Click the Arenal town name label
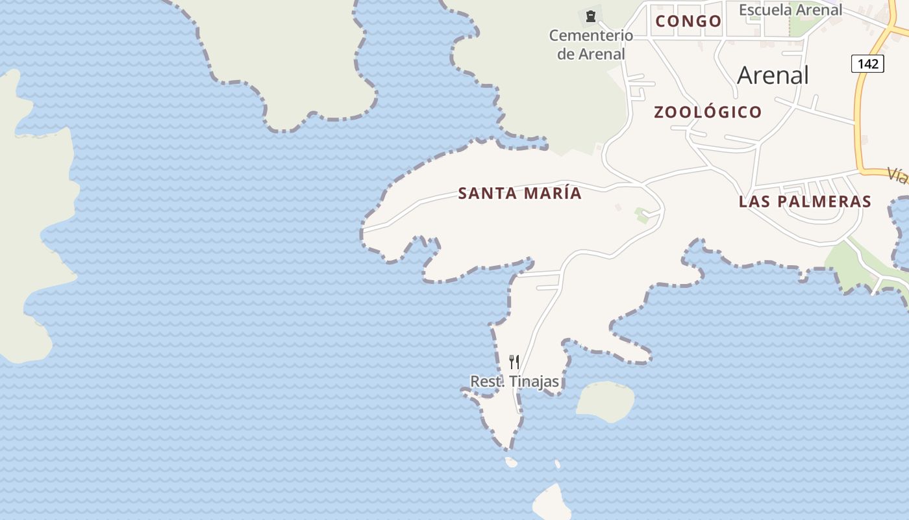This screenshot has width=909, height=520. point(773,75)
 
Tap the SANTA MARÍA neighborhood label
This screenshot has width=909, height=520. point(519,194)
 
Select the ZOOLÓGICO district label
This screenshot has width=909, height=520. point(708,112)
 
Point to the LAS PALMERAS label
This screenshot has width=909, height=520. point(804,201)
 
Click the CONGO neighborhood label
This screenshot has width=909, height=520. point(688,21)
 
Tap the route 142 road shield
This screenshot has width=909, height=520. point(867,64)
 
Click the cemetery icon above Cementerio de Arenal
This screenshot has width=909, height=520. point(591,16)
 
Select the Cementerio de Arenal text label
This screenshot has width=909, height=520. point(591,44)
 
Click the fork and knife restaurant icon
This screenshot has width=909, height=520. point(514,361)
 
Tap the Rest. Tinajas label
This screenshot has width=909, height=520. point(514,382)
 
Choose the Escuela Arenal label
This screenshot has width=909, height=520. point(790,10)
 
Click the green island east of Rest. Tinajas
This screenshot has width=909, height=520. point(605,400)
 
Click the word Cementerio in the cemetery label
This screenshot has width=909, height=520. point(591,35)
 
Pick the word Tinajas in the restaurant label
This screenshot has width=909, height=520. point(534,382)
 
